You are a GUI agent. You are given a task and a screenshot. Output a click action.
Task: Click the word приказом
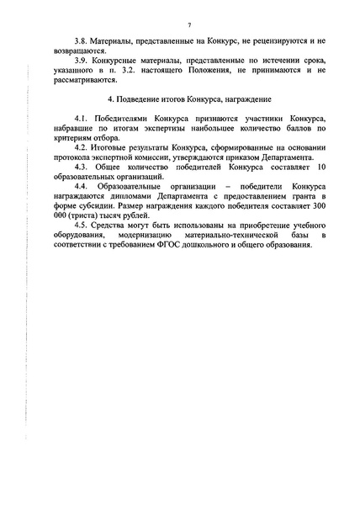click(x=228, y=172)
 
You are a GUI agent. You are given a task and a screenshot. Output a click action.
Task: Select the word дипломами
click(x=114, y=215)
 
